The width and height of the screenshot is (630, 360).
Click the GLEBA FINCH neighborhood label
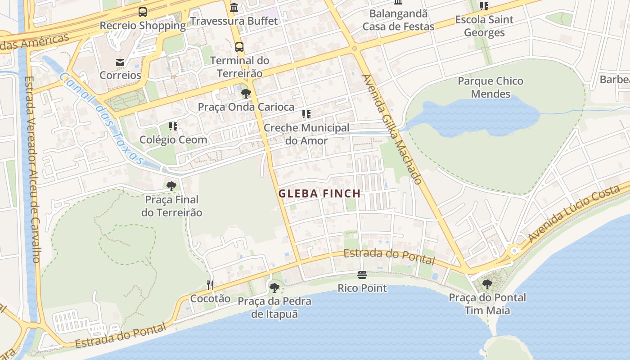(x=319, y=193)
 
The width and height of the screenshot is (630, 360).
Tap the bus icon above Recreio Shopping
(x=143, y=12)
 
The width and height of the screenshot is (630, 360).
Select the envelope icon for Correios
(x=120, y=62)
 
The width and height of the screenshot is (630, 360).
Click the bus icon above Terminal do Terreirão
(x=239, y=47)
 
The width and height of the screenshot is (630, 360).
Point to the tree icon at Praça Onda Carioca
(x=246, y=94)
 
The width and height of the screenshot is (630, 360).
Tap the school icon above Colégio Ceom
(x=173, y=126)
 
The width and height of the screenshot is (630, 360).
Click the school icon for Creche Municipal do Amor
(x=306, y=114)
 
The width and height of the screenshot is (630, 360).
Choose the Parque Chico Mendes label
(x=490, y=87)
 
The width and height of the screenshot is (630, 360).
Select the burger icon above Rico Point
(x=362, y=274)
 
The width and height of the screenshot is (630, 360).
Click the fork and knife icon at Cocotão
(x=210, y=285)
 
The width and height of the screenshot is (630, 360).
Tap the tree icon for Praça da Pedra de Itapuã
(x=274, y=288)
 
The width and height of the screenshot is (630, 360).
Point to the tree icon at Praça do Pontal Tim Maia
(x=487, y=284)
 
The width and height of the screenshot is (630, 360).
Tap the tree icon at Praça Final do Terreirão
(x=171, y=186)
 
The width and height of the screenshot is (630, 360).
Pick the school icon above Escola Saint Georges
(x=484, y=6)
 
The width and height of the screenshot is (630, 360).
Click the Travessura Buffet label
(x=234, y=21)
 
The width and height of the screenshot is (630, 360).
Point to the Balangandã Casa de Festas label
(x=399, y=20)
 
